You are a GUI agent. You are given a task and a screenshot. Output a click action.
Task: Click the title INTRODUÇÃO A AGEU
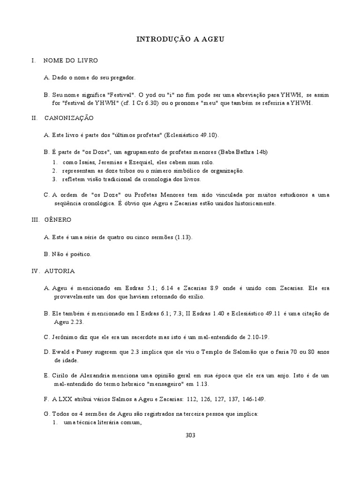pyautogui.click(x=180, y=40)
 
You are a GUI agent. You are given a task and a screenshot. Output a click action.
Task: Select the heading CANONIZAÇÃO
pyautogui.click(x=69, y=118)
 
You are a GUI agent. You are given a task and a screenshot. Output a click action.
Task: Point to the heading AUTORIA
pyautogui.click(x=60, y=271)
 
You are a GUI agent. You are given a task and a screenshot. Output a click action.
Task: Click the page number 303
pyautogui.click(x=190, y=435)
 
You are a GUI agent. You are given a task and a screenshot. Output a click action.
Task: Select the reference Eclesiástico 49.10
pyautogui.click(x=190, y=135)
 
